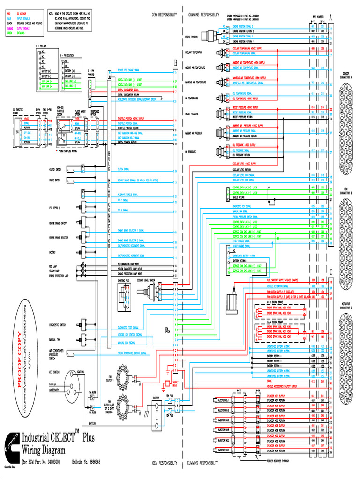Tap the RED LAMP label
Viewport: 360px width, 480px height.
[x=53, y=265]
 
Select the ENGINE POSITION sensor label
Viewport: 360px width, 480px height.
[x=192, y=36]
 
